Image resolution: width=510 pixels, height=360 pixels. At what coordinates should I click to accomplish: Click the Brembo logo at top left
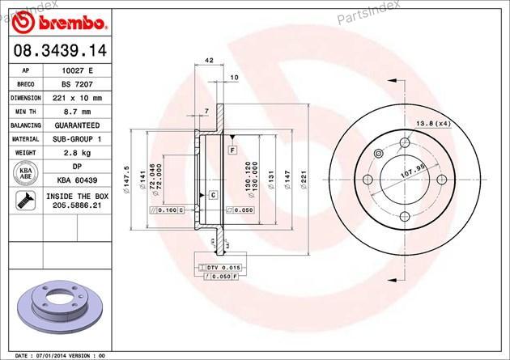(x=59, y=23)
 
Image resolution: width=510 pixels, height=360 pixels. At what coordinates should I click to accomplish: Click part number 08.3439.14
(x=60, y=51)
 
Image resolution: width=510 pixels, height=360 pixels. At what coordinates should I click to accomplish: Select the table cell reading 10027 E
(x=77, y=70)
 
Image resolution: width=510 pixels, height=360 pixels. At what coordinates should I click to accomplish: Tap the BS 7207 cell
(x=77, y=84)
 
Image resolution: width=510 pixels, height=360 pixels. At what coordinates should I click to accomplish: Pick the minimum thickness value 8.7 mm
(x=77, y=112)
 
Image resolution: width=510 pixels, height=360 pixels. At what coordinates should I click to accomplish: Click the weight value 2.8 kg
(x=77, y=153)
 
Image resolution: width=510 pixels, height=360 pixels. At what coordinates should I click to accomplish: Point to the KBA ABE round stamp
(x=26, y=173)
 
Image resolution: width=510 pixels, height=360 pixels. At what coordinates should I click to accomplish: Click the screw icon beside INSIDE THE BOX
(x=26, y=200)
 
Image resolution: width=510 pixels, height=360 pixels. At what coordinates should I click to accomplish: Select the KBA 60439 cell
(x=77, y=180)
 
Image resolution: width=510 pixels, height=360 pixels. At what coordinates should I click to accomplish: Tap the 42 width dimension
(x=210, y=60)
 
